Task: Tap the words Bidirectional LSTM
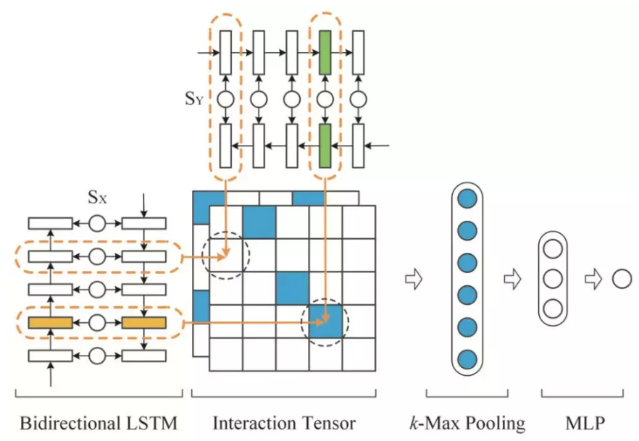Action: (98, 421)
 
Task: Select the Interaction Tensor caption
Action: (284, 421)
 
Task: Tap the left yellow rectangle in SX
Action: (50, 322)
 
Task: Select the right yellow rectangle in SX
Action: (144, 322)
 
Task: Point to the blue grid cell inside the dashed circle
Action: (325, 321)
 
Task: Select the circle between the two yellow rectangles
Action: (97, 322)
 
